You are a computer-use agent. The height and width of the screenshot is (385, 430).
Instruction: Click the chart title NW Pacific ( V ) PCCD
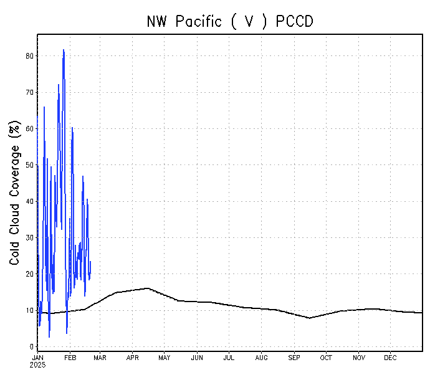[230, 22]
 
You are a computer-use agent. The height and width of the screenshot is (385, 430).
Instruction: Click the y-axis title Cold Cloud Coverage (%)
[15, 194]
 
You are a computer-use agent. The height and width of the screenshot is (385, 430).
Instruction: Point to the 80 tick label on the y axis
[29, 56]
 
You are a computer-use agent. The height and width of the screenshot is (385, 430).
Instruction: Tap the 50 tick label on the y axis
[29, 165]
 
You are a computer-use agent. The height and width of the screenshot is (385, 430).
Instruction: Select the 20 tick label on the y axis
[29, 274]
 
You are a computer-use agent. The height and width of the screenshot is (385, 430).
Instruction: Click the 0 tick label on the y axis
[31, 347]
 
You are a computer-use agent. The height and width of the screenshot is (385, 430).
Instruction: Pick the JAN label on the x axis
[37, 358]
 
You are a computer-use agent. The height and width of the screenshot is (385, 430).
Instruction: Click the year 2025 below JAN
[37, 364]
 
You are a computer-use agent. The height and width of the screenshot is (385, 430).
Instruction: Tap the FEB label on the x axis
[70, 358]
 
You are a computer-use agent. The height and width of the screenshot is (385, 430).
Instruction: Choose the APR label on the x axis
[133, 358]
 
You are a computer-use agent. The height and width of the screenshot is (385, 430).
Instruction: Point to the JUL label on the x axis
[229, 358]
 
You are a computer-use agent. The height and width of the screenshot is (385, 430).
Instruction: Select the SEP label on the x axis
[294, 358]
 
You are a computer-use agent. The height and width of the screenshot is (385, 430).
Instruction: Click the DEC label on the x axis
[390, 358]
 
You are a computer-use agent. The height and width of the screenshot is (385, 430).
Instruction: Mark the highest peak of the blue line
[64, 50]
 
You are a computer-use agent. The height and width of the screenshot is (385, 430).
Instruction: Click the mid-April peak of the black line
[148, 288]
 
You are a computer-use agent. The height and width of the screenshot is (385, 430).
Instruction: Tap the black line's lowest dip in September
[310, 318]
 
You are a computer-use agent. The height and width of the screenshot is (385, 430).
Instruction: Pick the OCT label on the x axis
[326, 358]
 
